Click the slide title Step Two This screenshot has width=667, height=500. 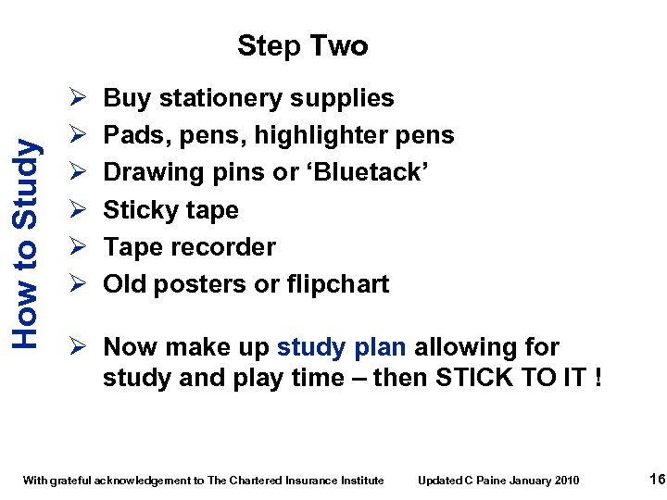302,45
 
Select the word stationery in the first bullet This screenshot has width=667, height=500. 222,98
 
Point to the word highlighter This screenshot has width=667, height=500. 320,135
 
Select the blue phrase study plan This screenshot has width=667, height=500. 341,347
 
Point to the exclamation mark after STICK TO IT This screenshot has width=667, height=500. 596,378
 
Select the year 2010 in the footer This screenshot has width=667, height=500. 566,480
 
